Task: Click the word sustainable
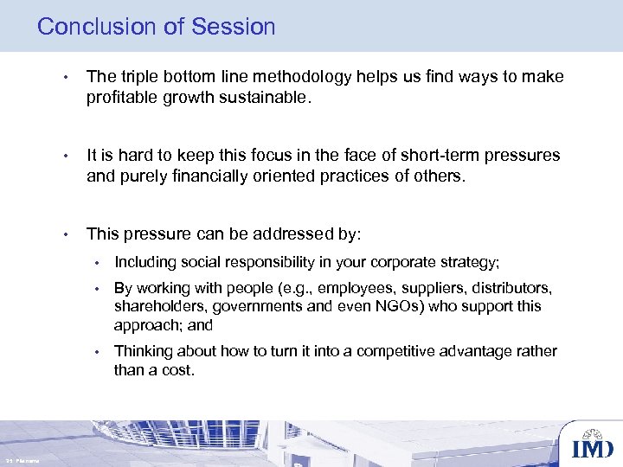pos(260,98)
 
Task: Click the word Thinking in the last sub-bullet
pos(143,351)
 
